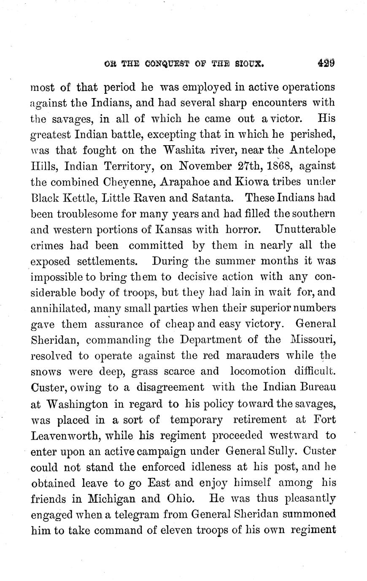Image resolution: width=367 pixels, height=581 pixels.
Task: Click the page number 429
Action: coord(327,63)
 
